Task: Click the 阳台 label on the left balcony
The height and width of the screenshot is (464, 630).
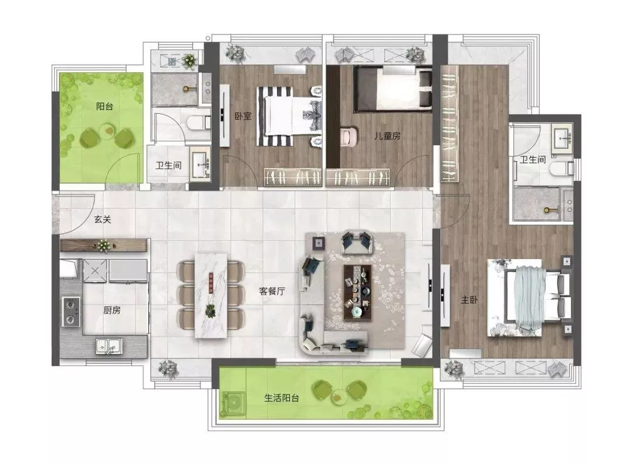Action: [104, 106]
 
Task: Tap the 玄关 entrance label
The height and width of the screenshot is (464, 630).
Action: [103, 219]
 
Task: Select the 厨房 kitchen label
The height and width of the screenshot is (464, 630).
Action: [111, 310]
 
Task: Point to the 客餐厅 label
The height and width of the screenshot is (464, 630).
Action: [272, 291]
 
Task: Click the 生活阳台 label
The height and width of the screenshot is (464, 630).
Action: [282, 398]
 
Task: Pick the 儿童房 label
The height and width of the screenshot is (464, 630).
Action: [387, 136]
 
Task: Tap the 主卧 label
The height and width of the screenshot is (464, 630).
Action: [469, 300]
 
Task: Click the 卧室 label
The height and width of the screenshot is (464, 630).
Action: [243, 117]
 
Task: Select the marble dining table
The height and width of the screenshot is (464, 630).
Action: [211, 295]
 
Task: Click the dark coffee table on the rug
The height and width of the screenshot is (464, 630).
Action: [358, 293]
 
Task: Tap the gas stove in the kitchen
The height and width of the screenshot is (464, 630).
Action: [71, 311]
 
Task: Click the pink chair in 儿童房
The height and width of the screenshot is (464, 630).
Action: [348, 136]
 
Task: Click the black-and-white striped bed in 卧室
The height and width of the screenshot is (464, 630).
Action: [289, 117]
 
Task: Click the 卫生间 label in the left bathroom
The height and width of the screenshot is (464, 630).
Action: [169, 165]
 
